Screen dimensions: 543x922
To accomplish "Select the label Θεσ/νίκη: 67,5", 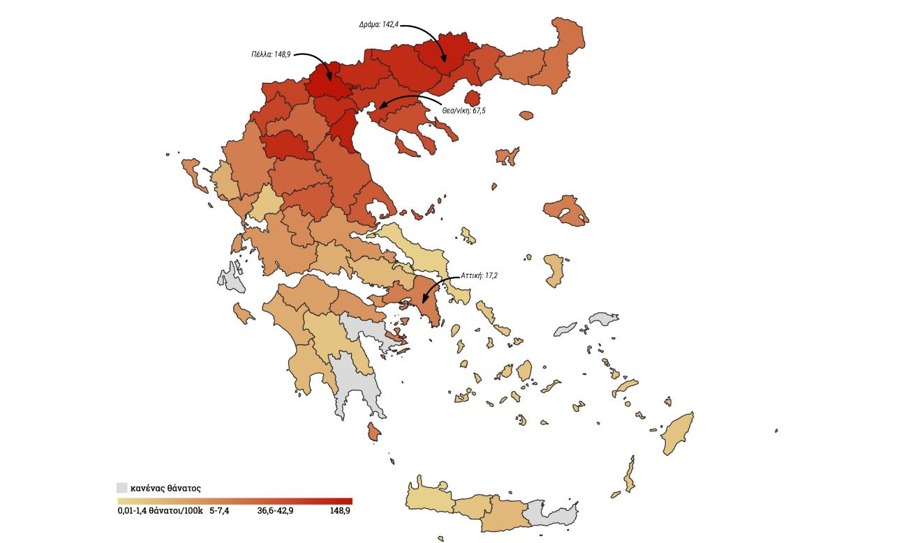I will (x=463, y=110).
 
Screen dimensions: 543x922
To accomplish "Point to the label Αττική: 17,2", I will (x=479, y=275).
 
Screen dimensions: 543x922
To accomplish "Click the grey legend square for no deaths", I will (x=122, y=488).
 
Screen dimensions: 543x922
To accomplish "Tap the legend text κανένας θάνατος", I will (x=165, y=489).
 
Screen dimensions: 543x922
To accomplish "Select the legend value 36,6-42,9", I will (x=276, y=511).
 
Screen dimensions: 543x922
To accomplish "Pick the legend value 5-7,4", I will (x=219, y=511).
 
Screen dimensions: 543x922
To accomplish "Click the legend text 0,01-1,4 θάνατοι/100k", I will (x=160, y=511).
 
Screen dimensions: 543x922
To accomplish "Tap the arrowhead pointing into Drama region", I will (x=443, y=61).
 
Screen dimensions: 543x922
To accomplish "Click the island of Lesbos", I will (x=566, y=211).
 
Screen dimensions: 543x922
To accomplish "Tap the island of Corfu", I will (x=195, y=174).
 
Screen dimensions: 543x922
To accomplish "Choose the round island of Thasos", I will (x=473, y=98).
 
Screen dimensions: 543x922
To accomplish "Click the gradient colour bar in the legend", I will (x=235, y=500).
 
